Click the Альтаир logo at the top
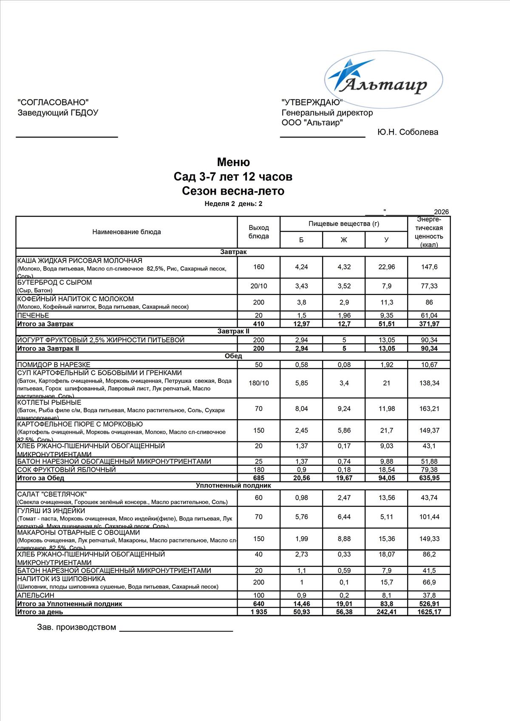pyautogui.click(x=384, y=79)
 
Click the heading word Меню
pyautogui.click(x=233, y=162)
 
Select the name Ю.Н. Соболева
pyautogui.click(x=408, y=132)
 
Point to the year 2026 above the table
pyautogui.click(x=441, y=212)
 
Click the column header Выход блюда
pyautogui.click(x=258, y=232)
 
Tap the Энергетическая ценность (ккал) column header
pyautogui.click(x=429, y=232)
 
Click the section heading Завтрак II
pyautogui.click(x=233, y=331)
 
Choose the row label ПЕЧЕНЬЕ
pyautogui.click(x=33, y=315)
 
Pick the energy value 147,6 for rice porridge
pyautogui.click(x=429, y=267)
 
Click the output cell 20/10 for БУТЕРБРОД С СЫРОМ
pyautogui.click(x=258, y=286)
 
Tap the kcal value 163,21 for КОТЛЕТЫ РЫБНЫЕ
pyautogui.click(x=429, y=409)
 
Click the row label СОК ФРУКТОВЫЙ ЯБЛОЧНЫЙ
pyautogui.click(x=66, y=469)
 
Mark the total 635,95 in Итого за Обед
pyautogui.click(x=429, y=478)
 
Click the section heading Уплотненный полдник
pyautogui.click(x=233, y=486)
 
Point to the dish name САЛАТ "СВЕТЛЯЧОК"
pyautogui.click(x=52, y=494)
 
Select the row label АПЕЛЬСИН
pyautogui.click(x=36, y=595)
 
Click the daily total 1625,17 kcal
pyautogui.click(x=429, y=612)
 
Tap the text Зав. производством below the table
pyautogui.click(x=76, y=627)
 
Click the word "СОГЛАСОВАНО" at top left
pyautogui.click(x=53, y=102)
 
